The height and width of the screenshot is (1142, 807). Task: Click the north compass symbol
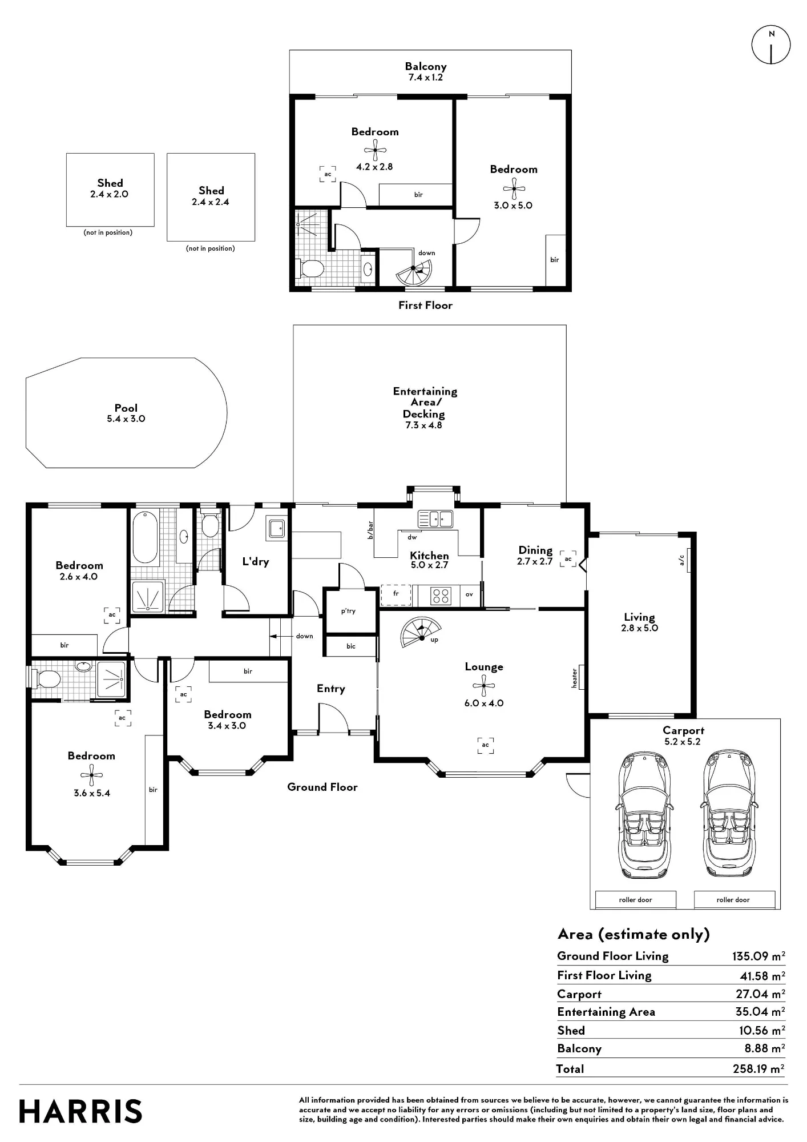[x=771, y=45]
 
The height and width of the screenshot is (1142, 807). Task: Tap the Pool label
[x=126, y=408]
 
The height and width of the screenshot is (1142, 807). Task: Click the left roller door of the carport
[x=635, y=899]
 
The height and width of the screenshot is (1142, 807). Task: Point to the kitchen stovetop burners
[x=441, y=596]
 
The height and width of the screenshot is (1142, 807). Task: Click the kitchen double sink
[x=435, y=518]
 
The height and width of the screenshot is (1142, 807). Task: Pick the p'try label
[x=348, y=611]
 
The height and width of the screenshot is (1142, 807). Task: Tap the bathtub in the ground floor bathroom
[x=146, y=537]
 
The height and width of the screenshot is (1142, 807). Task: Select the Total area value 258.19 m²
[x=758, y=1068]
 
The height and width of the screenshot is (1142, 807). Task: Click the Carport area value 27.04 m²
[x=760, y=994]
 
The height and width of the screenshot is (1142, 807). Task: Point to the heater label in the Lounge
[x=575, y=677]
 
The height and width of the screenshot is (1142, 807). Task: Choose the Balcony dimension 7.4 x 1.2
[x=425, y=77]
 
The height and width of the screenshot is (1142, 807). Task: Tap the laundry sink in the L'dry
[x=277, y=528]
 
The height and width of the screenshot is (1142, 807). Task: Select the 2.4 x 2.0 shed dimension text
[x=109, y=194]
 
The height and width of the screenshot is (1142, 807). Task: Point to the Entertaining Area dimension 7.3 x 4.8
[x=423, y=425]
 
